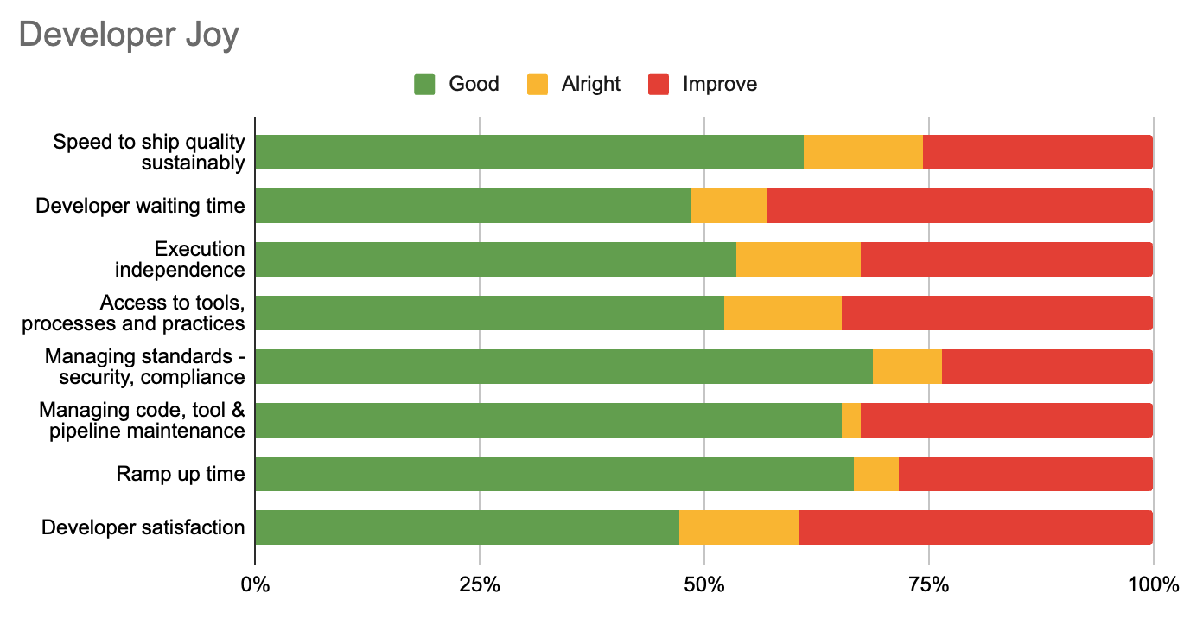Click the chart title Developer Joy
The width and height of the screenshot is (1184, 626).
[x=128, y=35]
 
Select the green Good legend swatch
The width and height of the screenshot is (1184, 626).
[x=424, y=84]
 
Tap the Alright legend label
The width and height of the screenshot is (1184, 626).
[x=590, y=84]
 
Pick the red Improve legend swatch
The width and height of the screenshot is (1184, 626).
[x=658, y=84]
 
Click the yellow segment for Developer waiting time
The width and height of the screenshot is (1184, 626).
[x=729, y=206]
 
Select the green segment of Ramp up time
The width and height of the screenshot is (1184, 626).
[x=554, y=474]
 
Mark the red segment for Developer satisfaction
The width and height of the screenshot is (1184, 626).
[x=976, y=527]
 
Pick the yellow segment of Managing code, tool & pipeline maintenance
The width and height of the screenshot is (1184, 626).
[x=851, y=420]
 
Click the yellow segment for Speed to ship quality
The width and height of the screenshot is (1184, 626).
[x=863, y=152]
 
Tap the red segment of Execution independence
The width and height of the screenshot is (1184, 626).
[x=1007, y=259]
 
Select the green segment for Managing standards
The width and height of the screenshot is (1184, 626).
[x=563, y=367]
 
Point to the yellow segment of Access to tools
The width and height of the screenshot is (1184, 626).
[x=783, y=313]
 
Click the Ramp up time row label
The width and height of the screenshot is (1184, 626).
[x=181, y=474]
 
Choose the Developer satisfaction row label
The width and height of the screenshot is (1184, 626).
[x=143, y=527]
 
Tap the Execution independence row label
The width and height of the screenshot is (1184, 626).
[x=180, y=259]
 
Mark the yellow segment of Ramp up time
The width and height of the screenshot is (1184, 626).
[x=876, y=474]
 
